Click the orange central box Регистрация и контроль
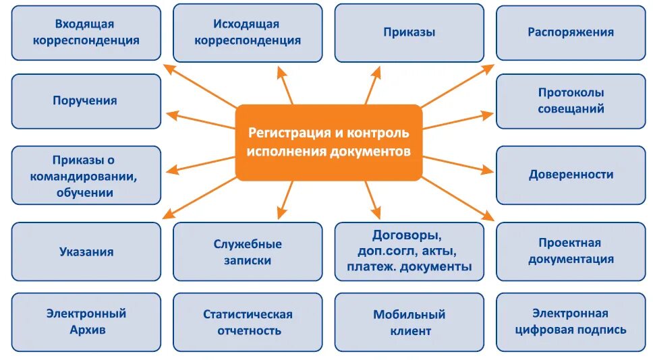[328, 142]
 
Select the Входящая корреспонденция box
[86, 32]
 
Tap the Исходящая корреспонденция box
[248, 32]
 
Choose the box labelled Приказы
[409, 32]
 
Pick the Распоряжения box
[571, 32]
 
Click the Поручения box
[86, 101]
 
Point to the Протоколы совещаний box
[571, 101]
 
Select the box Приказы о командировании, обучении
[86, 176]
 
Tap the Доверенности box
[571, 175]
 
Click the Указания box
[86, 251]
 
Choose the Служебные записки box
[248, 251]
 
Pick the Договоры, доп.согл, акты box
[409, 251]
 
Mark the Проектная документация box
[571, 251]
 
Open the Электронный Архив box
[86, 322]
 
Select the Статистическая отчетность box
[248, 322]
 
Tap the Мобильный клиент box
[409, 322]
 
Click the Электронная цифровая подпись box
[571, 322]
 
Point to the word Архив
[87, 330]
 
